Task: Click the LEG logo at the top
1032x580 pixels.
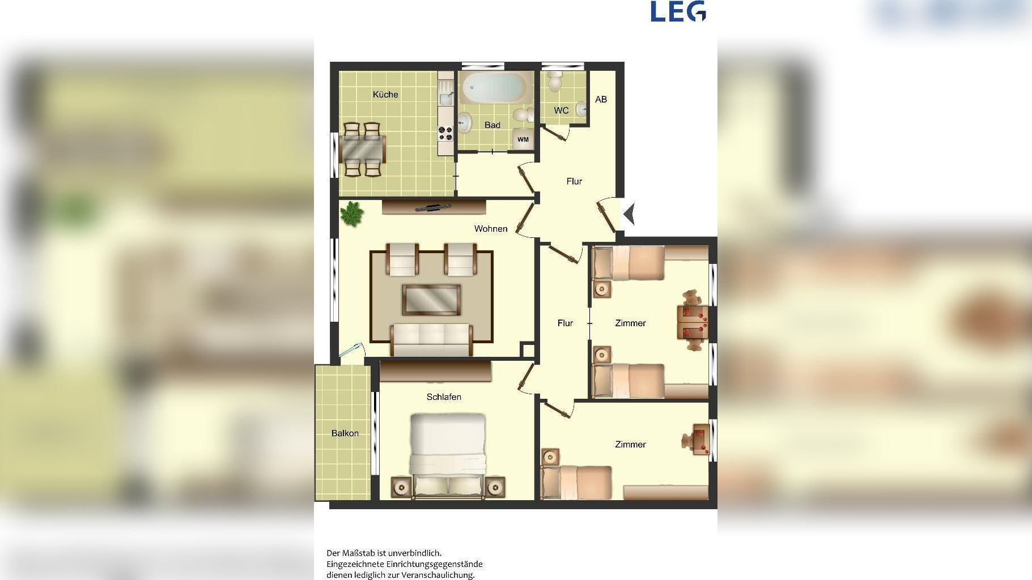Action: tap(678, 11)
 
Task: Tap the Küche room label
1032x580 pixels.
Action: tap(385, 95)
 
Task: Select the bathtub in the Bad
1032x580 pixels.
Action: tap(492, 88)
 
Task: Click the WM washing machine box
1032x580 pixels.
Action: tap(523, 139)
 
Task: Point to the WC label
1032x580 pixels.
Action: tap(561, 110)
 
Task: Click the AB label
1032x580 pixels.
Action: tap(601, 99)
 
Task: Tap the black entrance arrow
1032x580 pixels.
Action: tap(629, 214)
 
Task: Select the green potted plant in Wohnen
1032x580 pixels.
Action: tap(352, 214)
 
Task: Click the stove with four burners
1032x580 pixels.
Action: tap(445, 133)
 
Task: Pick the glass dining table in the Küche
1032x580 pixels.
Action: tap(363, 149)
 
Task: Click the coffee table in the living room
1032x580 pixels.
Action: tap(431, 300)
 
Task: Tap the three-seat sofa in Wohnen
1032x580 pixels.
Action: tap(431, 340)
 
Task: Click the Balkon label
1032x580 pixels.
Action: tap(345, 433)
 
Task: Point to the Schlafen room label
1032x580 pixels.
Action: tap(444, 397)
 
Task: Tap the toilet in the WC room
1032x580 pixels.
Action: tap(555, 81)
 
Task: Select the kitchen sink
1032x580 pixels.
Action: tap(446, 99)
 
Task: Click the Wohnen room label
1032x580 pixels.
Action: tap(491, 229)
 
